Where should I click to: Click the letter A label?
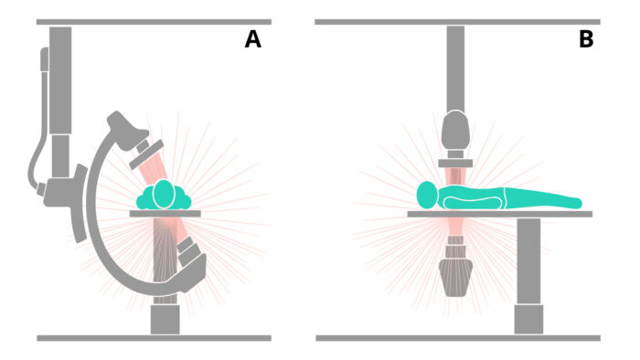[252, 39]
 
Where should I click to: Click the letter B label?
[586, 39]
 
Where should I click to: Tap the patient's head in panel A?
[164, 194]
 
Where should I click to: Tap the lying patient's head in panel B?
[427, 195]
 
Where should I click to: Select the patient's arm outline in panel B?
[473, 203]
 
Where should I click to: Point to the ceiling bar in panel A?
[154, 22]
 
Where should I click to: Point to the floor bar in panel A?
[154, 338]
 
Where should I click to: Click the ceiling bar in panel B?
[457, 22]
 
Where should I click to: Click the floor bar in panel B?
[458, 338]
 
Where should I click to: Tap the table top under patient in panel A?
[165, 214]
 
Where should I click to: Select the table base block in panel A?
[165, 320]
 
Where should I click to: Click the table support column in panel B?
[528, 261]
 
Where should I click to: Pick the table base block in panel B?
[528, 319]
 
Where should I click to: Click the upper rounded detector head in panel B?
[456, 130]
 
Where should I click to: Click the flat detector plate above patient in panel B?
[455, 164]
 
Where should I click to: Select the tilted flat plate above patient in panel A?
[146, 154]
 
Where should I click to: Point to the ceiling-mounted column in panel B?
[455, 69]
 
